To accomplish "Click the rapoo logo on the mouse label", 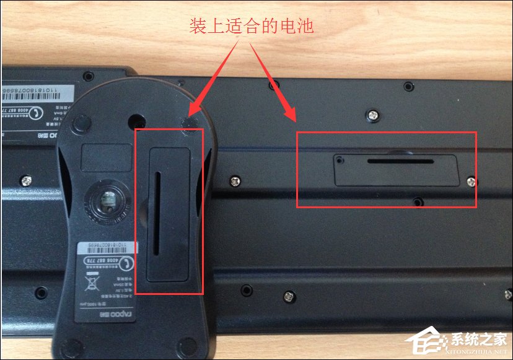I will tap(99, 314).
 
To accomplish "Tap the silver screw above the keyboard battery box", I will tap(374, 113).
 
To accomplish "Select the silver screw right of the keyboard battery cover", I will tap(471, 181).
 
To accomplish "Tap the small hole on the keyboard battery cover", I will tap(340, 159).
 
